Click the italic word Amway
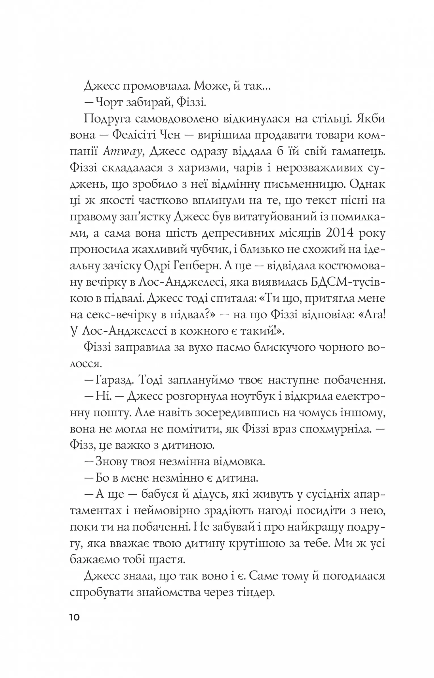[122, 152]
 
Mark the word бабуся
[160, 494]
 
